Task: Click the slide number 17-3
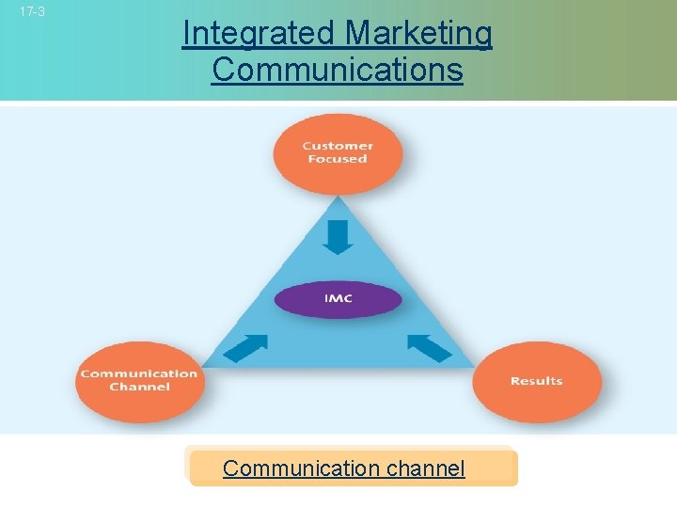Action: pos(33,12)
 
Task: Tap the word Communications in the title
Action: pos(338,69)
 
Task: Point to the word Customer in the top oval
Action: pos(338,146)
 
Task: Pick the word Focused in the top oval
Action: pos(338,160)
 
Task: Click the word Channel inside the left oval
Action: pos(139,387)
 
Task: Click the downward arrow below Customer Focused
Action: pos(338,236)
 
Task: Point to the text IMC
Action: pos(338,299)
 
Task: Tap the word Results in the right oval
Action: pos(536,381)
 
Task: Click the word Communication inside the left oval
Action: pos(139,373)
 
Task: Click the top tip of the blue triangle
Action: pos(338,195)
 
